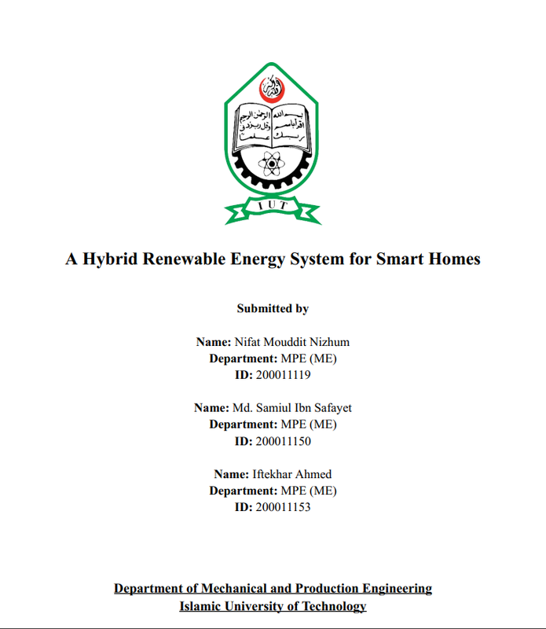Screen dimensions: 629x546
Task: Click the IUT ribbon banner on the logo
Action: (272, 205)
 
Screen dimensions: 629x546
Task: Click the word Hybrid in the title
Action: (108, 259)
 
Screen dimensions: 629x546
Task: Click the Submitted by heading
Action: (273, 309)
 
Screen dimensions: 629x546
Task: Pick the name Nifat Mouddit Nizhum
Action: (291, 342)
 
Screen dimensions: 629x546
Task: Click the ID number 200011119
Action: (284, 375)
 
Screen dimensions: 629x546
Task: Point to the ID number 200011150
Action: (284, 441)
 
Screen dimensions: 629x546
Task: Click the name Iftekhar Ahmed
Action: (291, 474)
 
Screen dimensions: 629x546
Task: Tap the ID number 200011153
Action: (284, 507)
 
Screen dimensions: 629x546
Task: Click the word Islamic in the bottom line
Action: (203, 606)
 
